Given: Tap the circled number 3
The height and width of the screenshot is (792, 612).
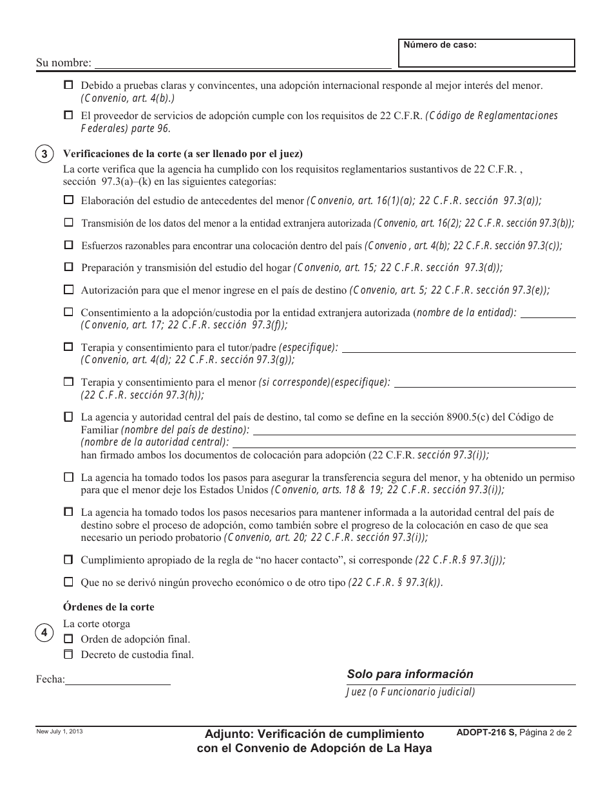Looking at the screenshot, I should [44, 155].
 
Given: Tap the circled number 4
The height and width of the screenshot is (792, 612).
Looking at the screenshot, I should [44, 633].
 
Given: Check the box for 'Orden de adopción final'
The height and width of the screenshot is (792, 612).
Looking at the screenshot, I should [68, 639].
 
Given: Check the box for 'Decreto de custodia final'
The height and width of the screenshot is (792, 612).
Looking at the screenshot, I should [68, 655].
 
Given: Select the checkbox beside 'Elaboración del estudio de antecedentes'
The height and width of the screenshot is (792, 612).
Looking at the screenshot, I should [68, 200].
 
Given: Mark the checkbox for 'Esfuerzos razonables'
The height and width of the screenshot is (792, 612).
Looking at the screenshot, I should [68, 245].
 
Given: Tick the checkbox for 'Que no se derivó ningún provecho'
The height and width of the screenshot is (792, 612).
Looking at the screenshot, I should [68, 582].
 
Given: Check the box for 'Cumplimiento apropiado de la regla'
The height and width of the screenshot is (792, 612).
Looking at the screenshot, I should [68, 560].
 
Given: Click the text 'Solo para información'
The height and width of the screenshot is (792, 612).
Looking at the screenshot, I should [410, 674].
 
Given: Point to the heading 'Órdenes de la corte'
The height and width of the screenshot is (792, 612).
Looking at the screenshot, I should [108, 607].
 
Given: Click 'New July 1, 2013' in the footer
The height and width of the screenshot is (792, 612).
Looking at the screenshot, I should [59, 731].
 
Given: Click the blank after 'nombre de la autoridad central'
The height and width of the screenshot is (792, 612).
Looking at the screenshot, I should [403, 443].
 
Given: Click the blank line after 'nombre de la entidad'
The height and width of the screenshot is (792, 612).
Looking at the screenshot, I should [548, 314].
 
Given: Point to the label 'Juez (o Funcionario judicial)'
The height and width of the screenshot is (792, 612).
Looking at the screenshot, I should [410, 692].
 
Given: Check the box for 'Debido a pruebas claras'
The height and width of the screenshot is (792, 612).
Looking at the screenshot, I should [68, 85].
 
